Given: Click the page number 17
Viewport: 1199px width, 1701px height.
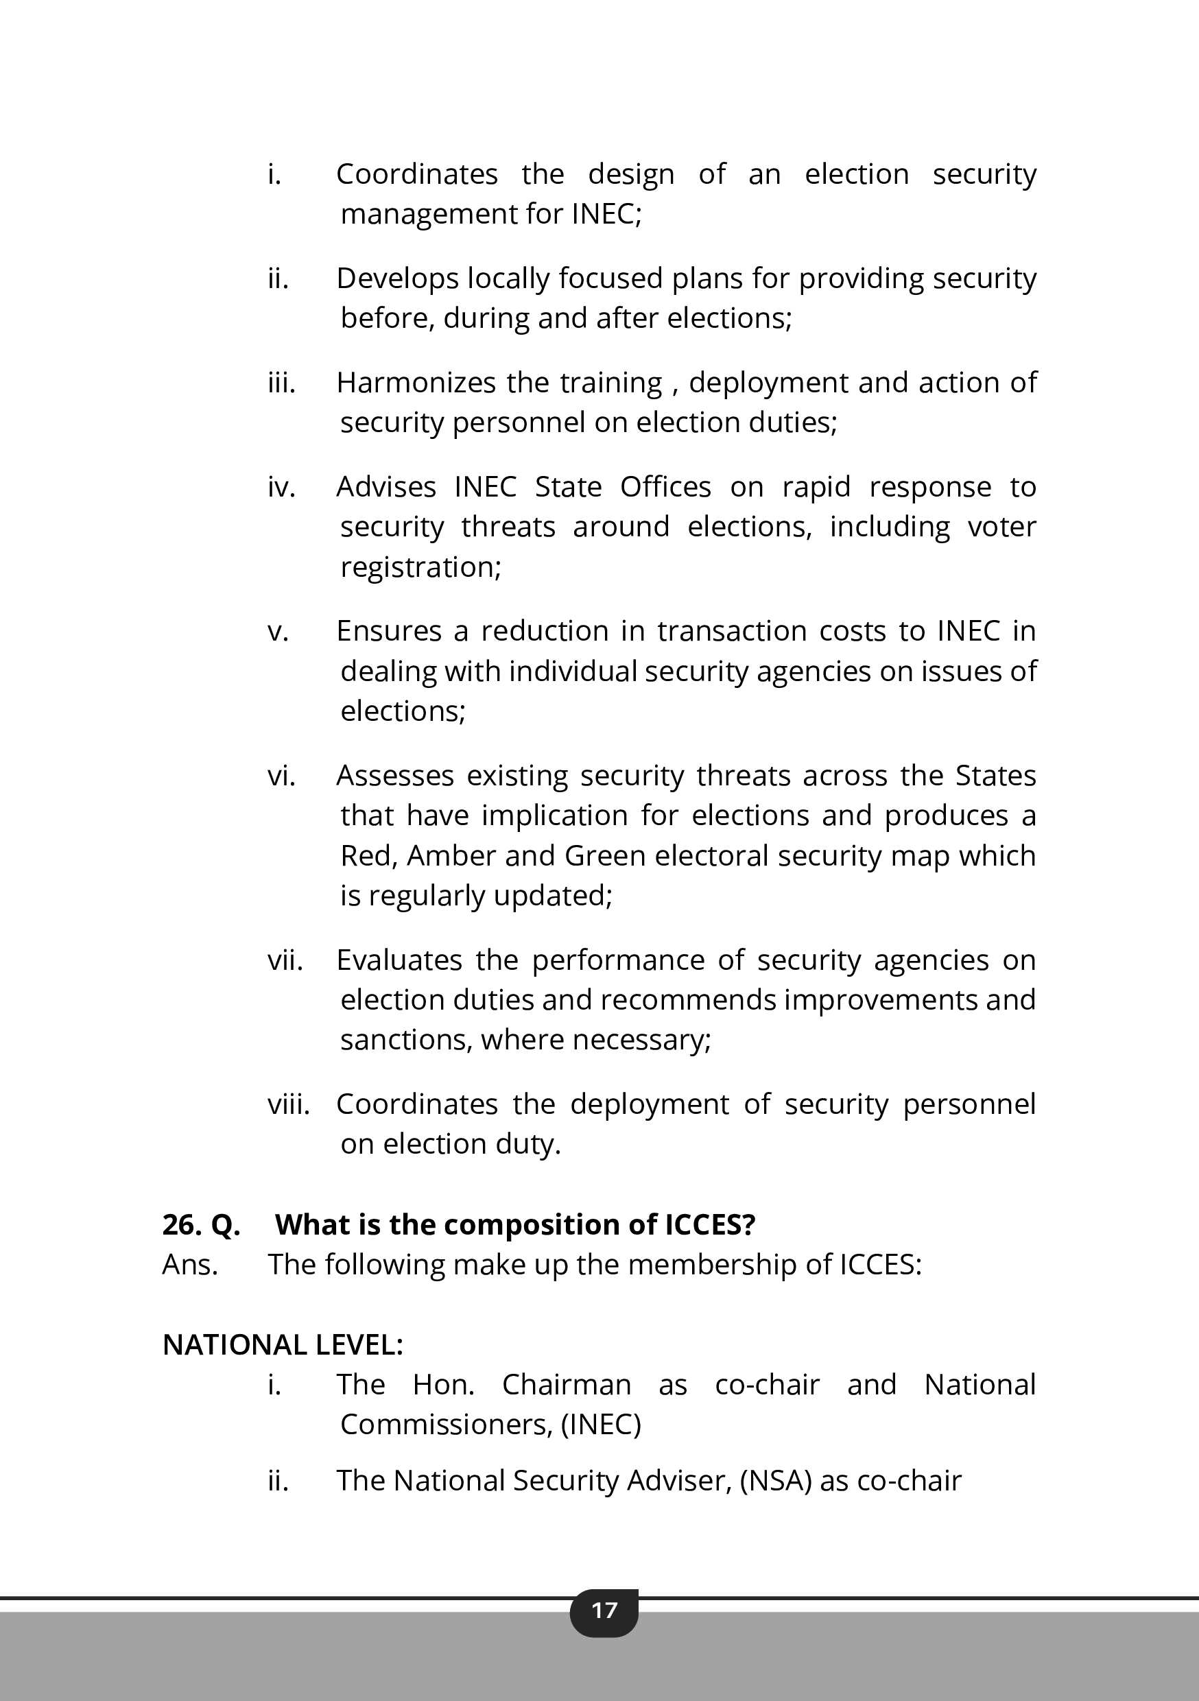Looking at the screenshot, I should tap(604, 1610).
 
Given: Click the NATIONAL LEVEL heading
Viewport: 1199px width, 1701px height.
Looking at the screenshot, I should tap(283, 1344).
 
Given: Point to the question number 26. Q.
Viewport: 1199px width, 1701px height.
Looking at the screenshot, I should tap(201, 1224).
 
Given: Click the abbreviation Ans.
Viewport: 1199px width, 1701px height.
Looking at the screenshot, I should tap(190, 1265).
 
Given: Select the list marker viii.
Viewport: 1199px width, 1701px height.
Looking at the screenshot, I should tap(288, 1104).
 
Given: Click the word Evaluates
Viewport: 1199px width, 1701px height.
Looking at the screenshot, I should tap(399, 960).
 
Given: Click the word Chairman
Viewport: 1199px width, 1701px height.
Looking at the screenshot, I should tap(566, 1384).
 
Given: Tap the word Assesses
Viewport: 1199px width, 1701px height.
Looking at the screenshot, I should tap(395, 775).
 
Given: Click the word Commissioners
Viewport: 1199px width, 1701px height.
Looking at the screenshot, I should tap(446, 1424).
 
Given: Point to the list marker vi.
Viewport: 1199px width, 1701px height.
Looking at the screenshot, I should tap(281, 775).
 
